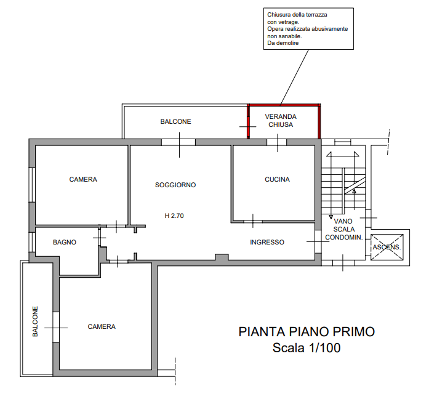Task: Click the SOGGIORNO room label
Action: tap(175, 185)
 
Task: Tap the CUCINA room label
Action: tap(277, 180)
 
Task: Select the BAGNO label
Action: tap(65, 243)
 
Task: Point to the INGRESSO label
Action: tap(267, 243)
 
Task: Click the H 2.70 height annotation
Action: tap(174, 216)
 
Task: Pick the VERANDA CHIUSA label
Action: tap(281, 120)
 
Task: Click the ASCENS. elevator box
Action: tap(386, 247)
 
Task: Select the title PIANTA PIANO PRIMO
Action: tap(307, 332)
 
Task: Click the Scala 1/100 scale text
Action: tap(307, 348)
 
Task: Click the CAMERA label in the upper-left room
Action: tap(82, 180)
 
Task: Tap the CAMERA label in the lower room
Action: tap(102, 327)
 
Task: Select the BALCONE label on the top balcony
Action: tap(176, 122)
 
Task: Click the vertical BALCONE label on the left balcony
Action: tap(35, 322)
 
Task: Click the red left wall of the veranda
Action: tap(247, 121)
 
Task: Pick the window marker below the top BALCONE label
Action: tap(178, 143)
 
